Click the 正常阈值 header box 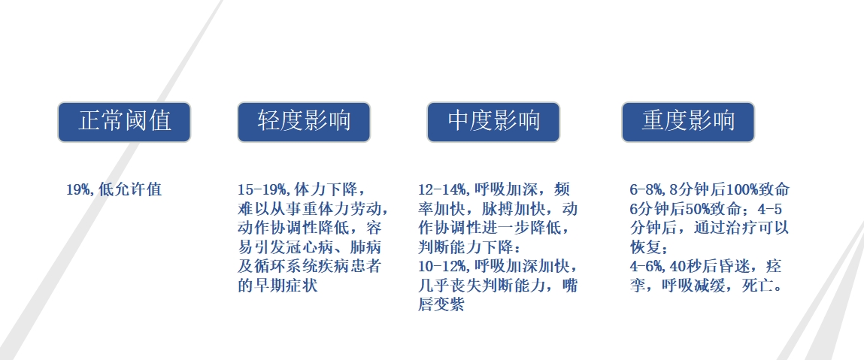tap(124, 122)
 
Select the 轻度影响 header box tap(304, 122)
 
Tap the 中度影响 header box tap(493, 122)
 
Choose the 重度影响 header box tap(688, 122)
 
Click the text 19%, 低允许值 tap(114, 189)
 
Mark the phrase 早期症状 tap(286, 286)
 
